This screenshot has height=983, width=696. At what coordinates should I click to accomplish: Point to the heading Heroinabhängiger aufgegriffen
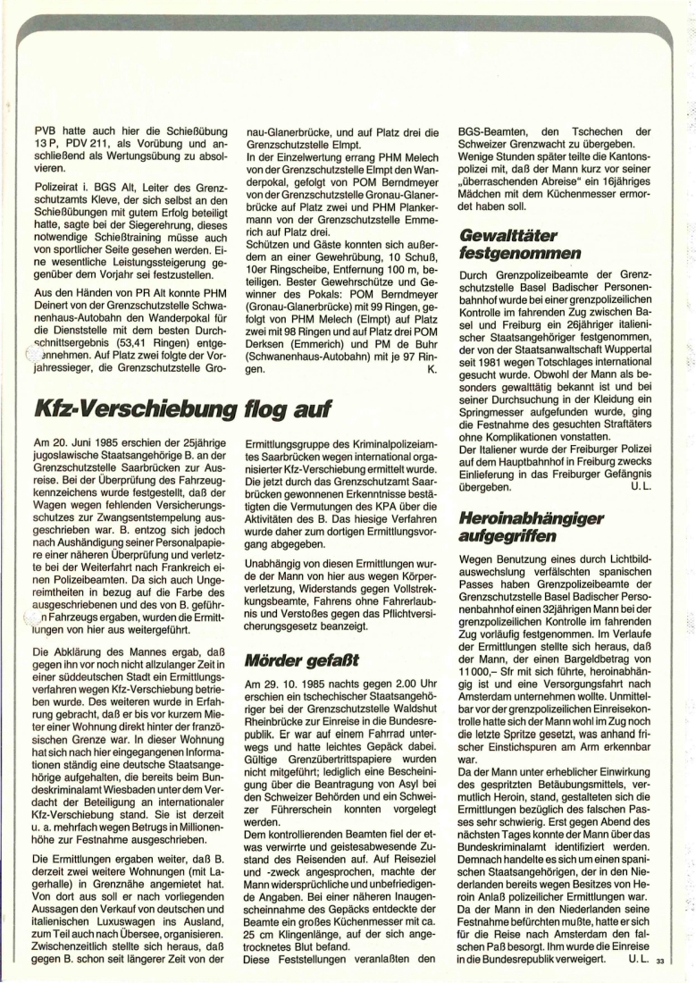519,526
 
